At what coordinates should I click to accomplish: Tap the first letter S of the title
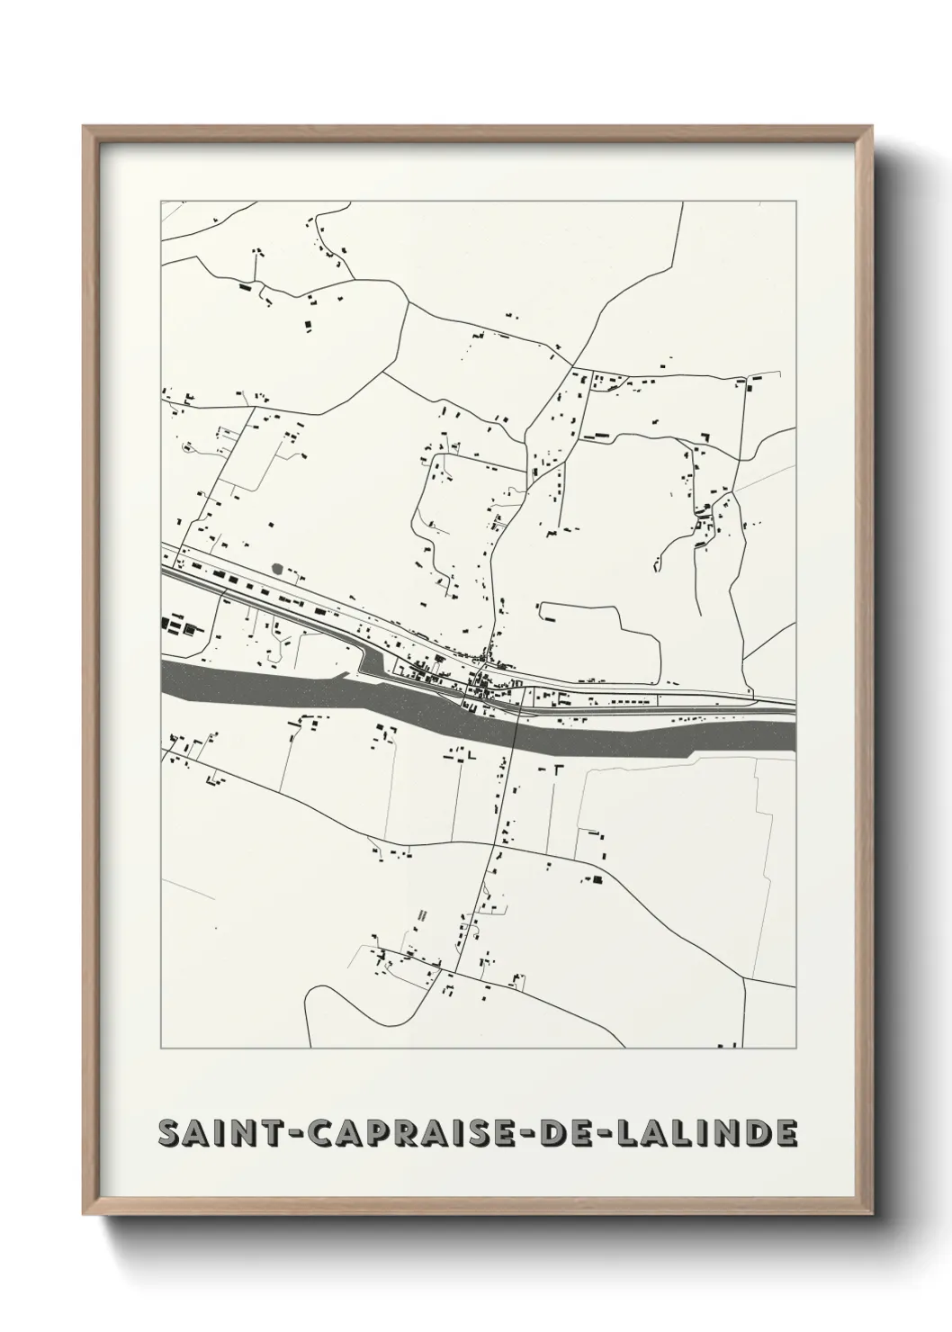(x=168, y=1134)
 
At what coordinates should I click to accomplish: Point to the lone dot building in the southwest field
(x=215, y=929)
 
